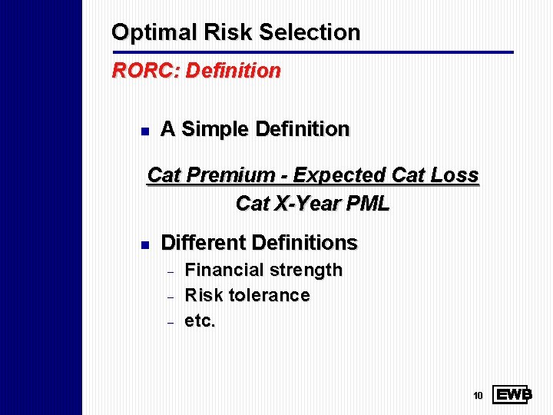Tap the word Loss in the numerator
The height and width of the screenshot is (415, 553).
coord(455,175)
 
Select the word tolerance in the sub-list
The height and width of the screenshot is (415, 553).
coord(270,295)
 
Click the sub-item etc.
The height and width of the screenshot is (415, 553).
coord(200,320)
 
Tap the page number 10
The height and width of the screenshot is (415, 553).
coord(477,396)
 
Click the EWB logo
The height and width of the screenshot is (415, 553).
coord(512,395)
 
